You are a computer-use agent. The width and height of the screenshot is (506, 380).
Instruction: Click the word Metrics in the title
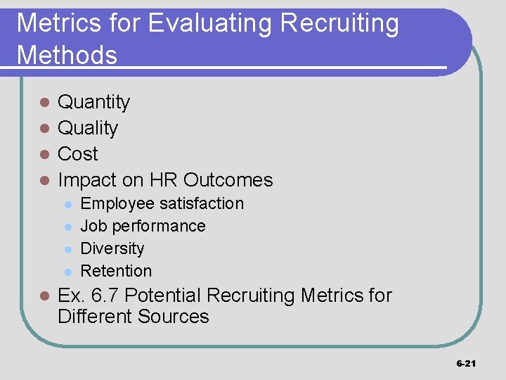(x=53, y=24)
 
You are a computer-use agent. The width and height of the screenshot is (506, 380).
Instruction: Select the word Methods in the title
(x=67, y=54)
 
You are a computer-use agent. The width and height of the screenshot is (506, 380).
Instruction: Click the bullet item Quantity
(x=93, y=103)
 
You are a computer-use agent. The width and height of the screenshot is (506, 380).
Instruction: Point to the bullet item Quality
(x=88, y=128)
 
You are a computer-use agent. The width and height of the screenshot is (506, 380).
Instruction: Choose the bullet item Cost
(x=77, y=154)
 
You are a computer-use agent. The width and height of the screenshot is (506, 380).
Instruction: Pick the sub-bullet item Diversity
(x=112, y=248)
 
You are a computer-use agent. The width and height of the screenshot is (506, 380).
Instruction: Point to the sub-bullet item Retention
(x=116, y=271)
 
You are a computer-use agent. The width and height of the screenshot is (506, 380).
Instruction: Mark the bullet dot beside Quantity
(x=44, y=103)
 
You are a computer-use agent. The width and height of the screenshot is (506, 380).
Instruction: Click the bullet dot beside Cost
(x=44, y=154)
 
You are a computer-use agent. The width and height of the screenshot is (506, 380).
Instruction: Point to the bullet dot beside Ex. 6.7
(x=44, y=296)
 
